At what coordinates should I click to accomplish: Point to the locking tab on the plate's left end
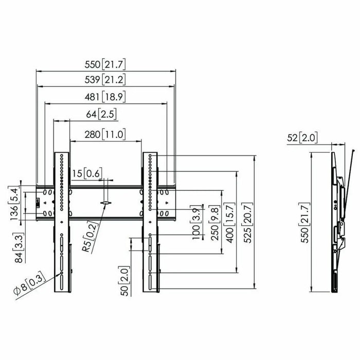[x=38, y=202]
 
